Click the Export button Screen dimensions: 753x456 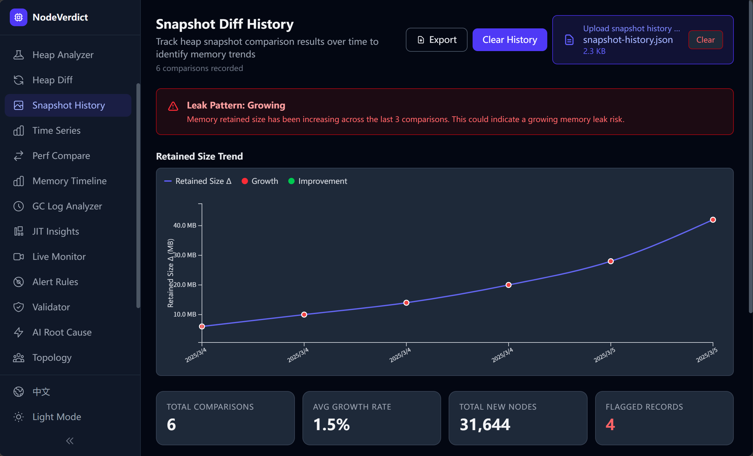436,40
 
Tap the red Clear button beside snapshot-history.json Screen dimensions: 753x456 705,40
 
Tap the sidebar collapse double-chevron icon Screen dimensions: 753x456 70,441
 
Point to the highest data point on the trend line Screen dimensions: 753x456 713,220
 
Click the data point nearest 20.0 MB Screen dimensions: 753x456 509,285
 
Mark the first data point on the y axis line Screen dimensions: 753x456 202,326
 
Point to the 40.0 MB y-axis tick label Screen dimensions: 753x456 185,225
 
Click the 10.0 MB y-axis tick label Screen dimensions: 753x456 185,314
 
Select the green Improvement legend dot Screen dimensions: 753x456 291,181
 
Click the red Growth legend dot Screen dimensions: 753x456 245,181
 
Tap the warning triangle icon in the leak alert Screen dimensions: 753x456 173,106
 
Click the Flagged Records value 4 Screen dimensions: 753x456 610,424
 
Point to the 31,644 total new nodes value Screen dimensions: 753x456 485,424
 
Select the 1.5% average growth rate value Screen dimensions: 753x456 331,424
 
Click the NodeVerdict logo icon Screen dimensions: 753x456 19,17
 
